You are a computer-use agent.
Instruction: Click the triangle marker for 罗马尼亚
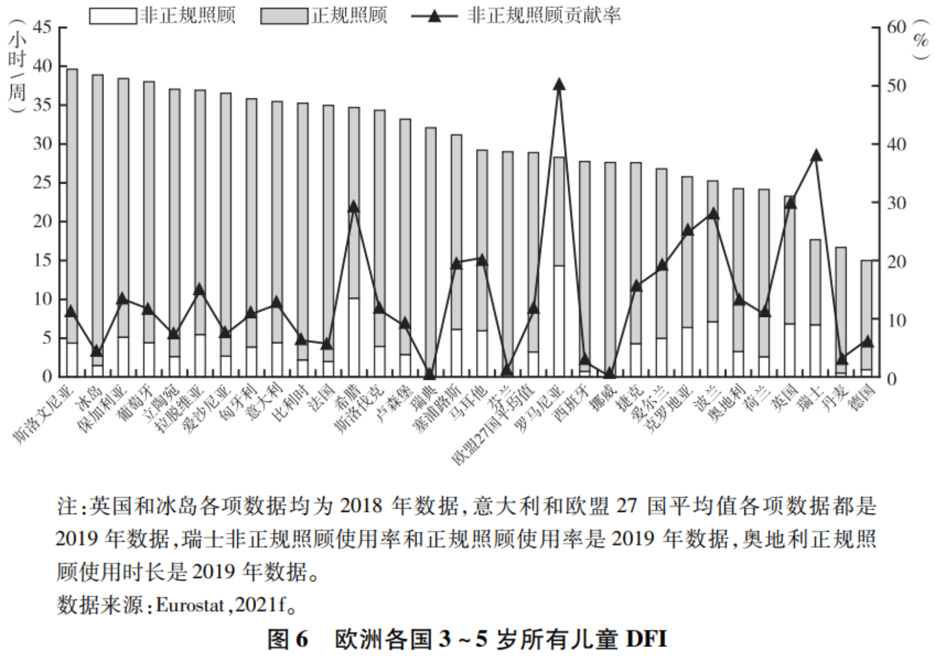click(x=559, y=85)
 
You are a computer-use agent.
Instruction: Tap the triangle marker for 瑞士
click(x=816, y=155)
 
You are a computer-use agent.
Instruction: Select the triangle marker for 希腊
click(x=354, y=206)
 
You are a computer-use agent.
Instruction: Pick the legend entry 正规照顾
click(x=349, y=16)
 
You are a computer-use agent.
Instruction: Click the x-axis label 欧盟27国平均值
click(x=493, y=424)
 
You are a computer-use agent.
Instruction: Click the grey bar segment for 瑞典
click(x=431, y=249)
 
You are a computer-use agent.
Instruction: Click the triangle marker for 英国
click(x=790, y=202)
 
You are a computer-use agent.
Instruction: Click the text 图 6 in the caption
click(x=288, y=640)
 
